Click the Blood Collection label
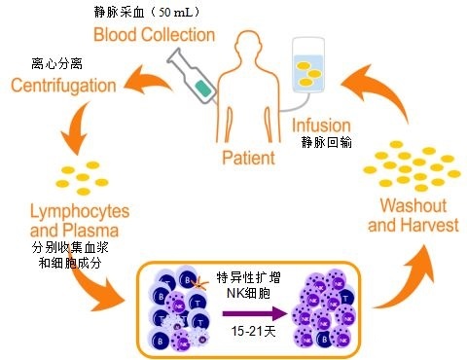(166, 35)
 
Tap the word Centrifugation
(65, 88)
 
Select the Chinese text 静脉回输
(328, 143)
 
